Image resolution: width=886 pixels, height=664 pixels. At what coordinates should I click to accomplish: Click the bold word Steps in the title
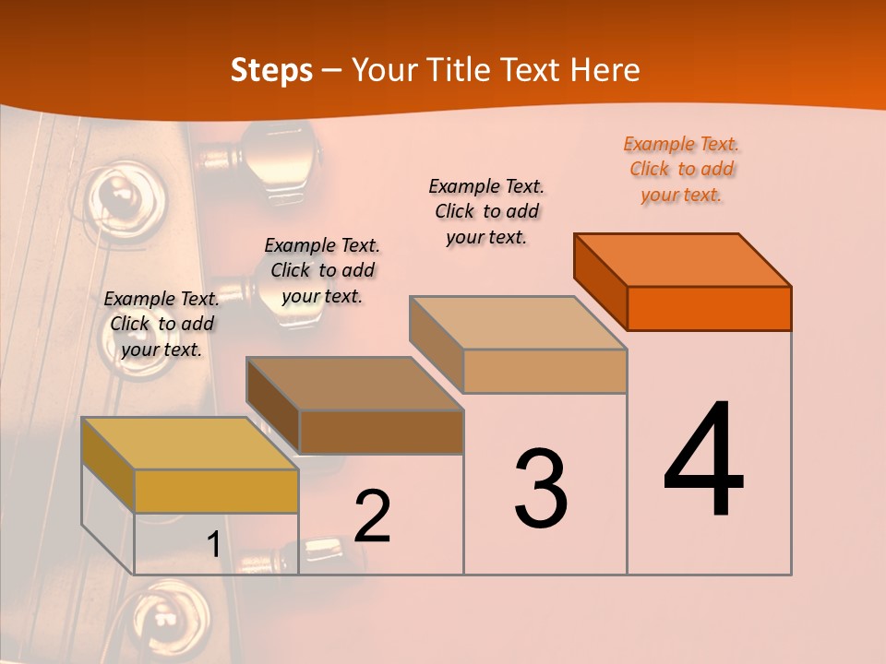pos(271,70)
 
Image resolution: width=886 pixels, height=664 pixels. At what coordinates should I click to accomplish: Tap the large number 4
pos(704,460)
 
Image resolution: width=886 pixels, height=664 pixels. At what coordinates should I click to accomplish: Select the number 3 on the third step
pos(541,489)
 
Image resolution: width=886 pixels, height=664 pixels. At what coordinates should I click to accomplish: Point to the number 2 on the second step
pos(373,516)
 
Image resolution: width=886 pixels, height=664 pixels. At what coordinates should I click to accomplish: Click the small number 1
pos(213,545)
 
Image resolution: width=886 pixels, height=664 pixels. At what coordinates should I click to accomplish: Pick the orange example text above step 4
pos(681,169)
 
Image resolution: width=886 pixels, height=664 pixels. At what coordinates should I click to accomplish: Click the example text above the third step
pos(486,211)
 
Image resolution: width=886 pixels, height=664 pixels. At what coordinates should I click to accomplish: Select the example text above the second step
pos(322,270)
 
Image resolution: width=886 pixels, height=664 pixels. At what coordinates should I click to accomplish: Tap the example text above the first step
pos(162,324)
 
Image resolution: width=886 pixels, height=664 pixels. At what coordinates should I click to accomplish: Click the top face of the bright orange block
pos(683,259)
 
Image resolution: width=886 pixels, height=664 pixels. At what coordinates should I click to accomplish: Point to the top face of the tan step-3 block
pos(519,323)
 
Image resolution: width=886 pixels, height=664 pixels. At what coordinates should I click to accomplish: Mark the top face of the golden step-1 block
pos(190,444)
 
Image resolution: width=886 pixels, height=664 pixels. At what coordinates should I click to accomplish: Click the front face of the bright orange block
pos(709,308)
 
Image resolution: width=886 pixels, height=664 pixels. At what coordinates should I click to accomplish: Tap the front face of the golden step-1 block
pos(216,491)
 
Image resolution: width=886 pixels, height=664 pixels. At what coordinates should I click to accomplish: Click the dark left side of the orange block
pos(600,281)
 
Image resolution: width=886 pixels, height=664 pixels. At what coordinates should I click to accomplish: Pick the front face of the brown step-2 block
pos(381,432)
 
